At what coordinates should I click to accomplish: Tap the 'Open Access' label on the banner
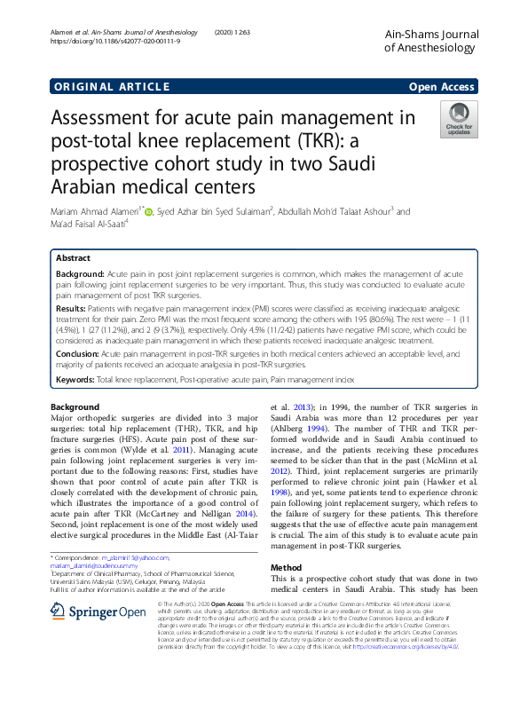[446, 86]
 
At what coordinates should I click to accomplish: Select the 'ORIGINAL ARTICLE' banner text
[111, 86]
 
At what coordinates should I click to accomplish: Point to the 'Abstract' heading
[74, 257]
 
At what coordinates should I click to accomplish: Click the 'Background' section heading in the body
[75, 407]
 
